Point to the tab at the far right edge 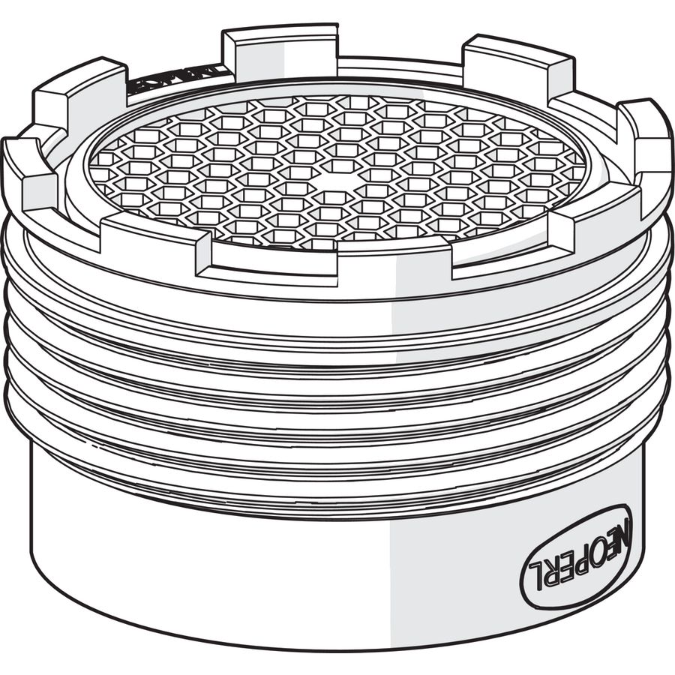click(645, 150)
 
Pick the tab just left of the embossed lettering click(79, 97)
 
